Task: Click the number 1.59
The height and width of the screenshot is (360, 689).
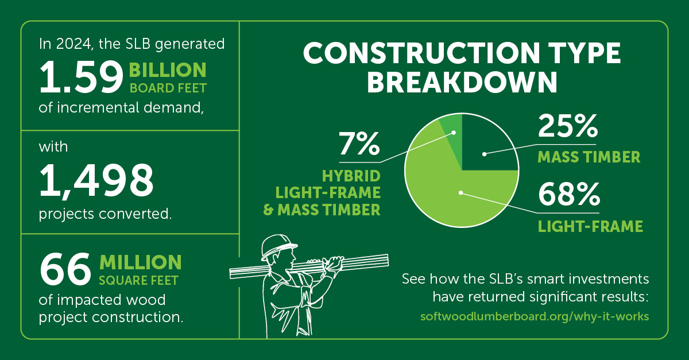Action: point(81,77)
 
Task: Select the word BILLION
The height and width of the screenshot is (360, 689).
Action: point(168,70)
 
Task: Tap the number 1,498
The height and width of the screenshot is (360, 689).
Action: point(96,181)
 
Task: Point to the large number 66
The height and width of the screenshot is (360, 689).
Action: point(65,269)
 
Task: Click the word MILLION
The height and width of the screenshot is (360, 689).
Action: point(141,262)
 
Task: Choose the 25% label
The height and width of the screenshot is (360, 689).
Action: point(568,126)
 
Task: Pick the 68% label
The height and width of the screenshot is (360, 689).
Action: point(569,195)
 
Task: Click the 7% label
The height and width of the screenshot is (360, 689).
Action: point(359,144)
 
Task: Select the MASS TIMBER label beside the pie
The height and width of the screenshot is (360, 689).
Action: point(589,157)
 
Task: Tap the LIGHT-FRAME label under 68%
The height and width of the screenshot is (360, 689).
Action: point(590,226)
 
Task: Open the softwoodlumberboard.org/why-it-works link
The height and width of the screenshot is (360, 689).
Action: point(535,316)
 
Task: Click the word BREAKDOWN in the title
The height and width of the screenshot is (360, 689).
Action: point(462,82)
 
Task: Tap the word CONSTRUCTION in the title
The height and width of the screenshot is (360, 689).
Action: point(421,53)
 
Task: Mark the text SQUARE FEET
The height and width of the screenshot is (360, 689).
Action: point(139,281)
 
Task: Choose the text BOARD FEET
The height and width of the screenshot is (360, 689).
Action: point(168,88)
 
